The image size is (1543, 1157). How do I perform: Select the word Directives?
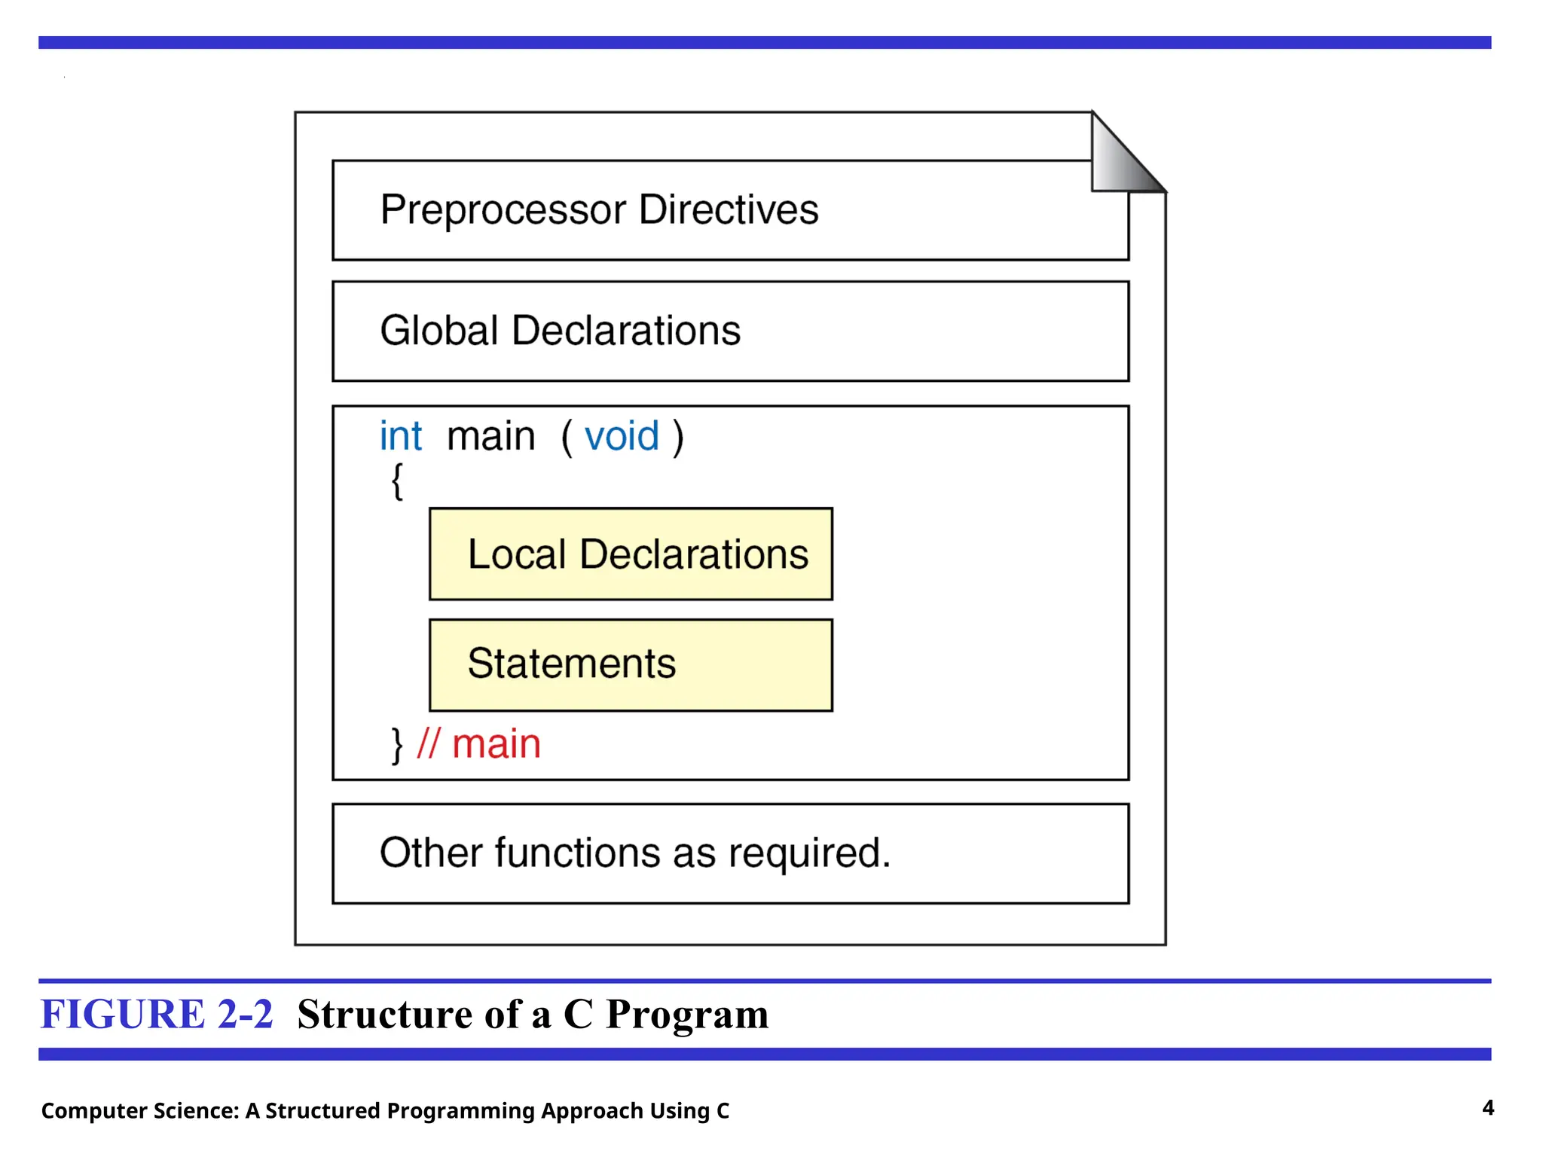pos(728,209)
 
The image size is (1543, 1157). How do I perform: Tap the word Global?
pos(439,331)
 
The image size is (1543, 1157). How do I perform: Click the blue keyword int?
pos(400,436)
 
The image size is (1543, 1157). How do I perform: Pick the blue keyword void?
pos(622,436)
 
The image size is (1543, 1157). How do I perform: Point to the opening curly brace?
pos(397,481)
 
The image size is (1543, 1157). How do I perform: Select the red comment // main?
pos(479,744)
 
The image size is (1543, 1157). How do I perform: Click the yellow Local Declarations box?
pos(631,554)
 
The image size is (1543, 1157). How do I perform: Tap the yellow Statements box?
pos(631,664)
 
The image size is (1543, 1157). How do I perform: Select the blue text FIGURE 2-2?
pos(157,1014)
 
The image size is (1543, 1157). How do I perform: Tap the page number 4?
pos(1487,1107)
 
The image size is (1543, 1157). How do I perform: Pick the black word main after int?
pos(490,436)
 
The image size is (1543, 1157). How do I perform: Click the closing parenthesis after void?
pos(678,437)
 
